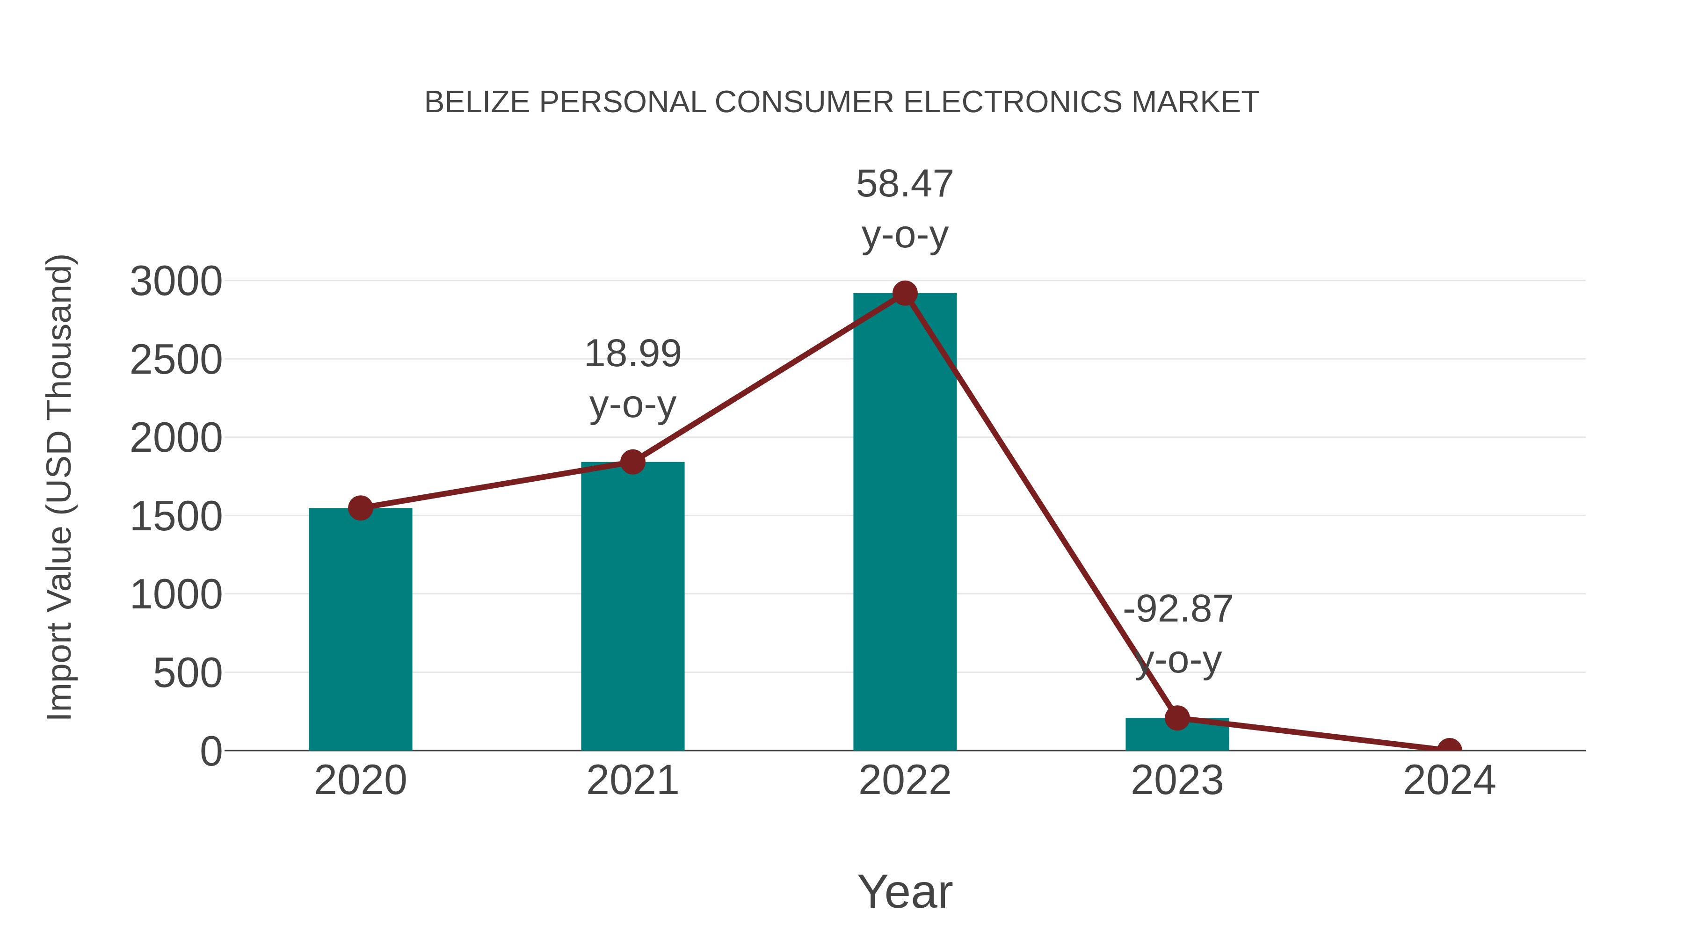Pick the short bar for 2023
(1177, 735)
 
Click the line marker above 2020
(360, 508)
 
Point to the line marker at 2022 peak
(904, 293)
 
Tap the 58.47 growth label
(904, 184)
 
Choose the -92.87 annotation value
(1177, 609)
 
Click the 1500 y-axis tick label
(176, 517)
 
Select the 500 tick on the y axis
(187, 674)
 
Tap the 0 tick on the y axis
(210, 752)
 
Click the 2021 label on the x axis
(632, 781)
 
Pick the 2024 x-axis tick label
(1449, 781)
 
